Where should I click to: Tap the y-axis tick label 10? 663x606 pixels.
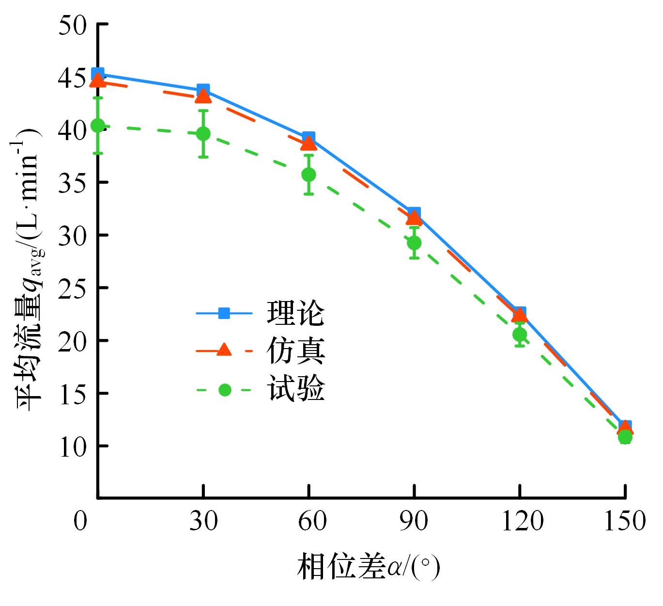tap(72, 447)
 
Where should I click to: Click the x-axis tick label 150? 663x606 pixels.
tap(624, 521)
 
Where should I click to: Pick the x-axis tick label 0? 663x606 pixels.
tap(80, 521)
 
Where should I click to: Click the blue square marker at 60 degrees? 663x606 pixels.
tap(308, 138)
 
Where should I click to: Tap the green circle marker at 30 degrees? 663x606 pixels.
tap(203, 134)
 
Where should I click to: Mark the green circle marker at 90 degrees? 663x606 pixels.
tap(414, 242)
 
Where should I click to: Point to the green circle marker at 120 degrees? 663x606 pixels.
tap(520, 334)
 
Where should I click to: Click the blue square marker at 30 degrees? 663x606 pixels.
tap(203, 90)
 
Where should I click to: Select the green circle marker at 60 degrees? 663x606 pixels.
tap(308, 175)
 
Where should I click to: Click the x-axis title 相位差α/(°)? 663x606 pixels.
tap(368, 566)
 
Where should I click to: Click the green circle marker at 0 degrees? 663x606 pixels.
tap(98, 126)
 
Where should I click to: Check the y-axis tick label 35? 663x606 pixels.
tap(72, 183)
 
